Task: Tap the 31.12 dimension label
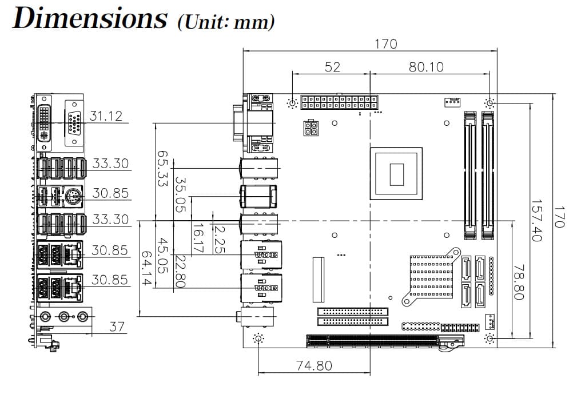(106, 116)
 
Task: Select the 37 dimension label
(117, 327)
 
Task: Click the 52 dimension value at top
(332, 67)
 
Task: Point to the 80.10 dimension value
(426, 67)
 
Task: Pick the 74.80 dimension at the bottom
(313, 365)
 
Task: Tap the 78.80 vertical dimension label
(519, 282)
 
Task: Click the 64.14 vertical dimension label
(147, 269)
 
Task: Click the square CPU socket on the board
(396, 173)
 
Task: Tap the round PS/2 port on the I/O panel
(73, 198)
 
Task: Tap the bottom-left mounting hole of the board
(259, 339)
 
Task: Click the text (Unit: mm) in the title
(226, 22)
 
